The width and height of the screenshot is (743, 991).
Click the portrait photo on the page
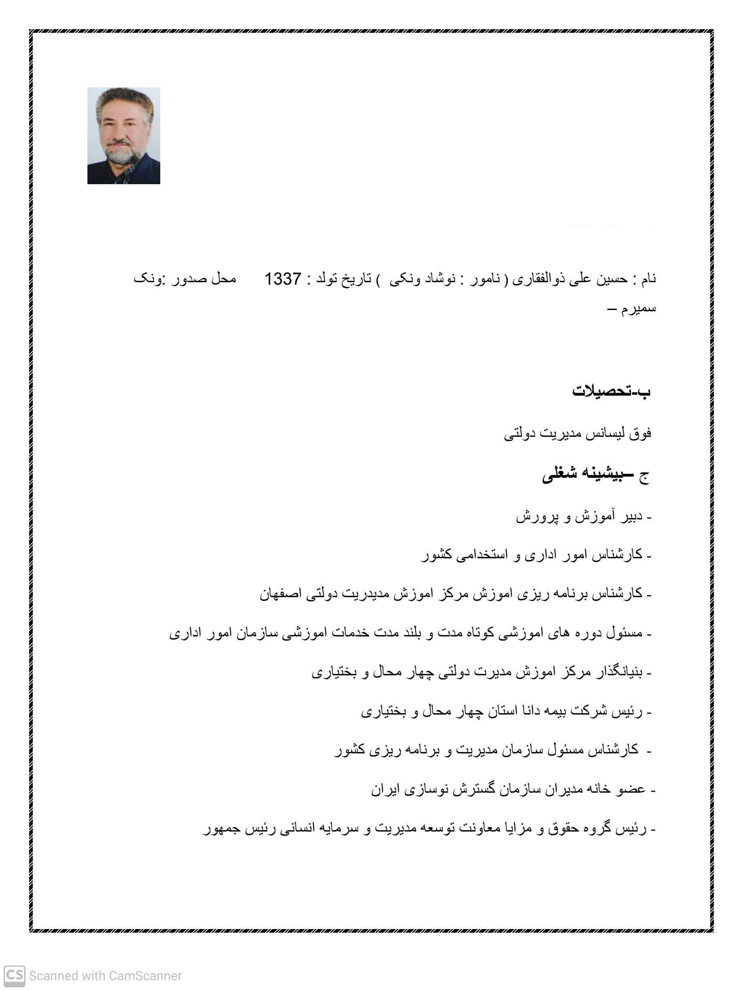pos(123,135)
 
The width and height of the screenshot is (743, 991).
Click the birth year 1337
pos(282,279)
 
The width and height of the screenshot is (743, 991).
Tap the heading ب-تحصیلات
pos(611,391)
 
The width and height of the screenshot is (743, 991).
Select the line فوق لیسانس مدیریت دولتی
pos(577,434)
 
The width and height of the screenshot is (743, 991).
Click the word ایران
pos(386,789)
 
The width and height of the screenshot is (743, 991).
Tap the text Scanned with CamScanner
pos(105,975)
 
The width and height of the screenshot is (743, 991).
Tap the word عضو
pos(631,789)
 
